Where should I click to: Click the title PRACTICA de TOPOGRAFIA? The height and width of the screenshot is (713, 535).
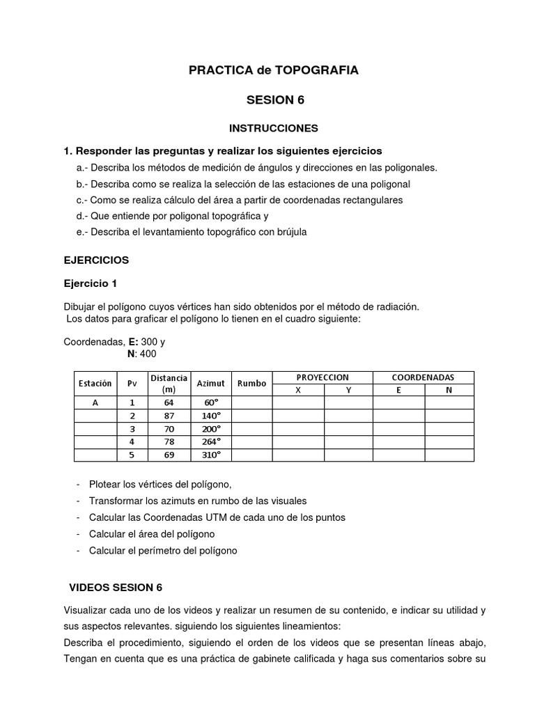click(274, 70)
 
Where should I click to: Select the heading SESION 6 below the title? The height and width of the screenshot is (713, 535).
click(275, 100)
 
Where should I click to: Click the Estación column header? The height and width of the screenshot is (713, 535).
click(95, 383)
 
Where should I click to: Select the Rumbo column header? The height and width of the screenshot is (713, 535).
click(251, 383)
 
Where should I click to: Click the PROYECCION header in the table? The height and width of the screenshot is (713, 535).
click(323, 377)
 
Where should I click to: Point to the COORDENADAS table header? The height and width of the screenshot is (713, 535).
click(423, 377)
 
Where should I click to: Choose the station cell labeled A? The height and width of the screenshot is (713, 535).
click(95, 402)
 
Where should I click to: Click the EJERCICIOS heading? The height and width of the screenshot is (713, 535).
click(96, 260)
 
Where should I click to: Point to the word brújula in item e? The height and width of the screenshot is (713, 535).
click(288, 232)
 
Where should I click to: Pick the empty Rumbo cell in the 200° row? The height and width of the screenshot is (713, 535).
click(251, 428)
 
